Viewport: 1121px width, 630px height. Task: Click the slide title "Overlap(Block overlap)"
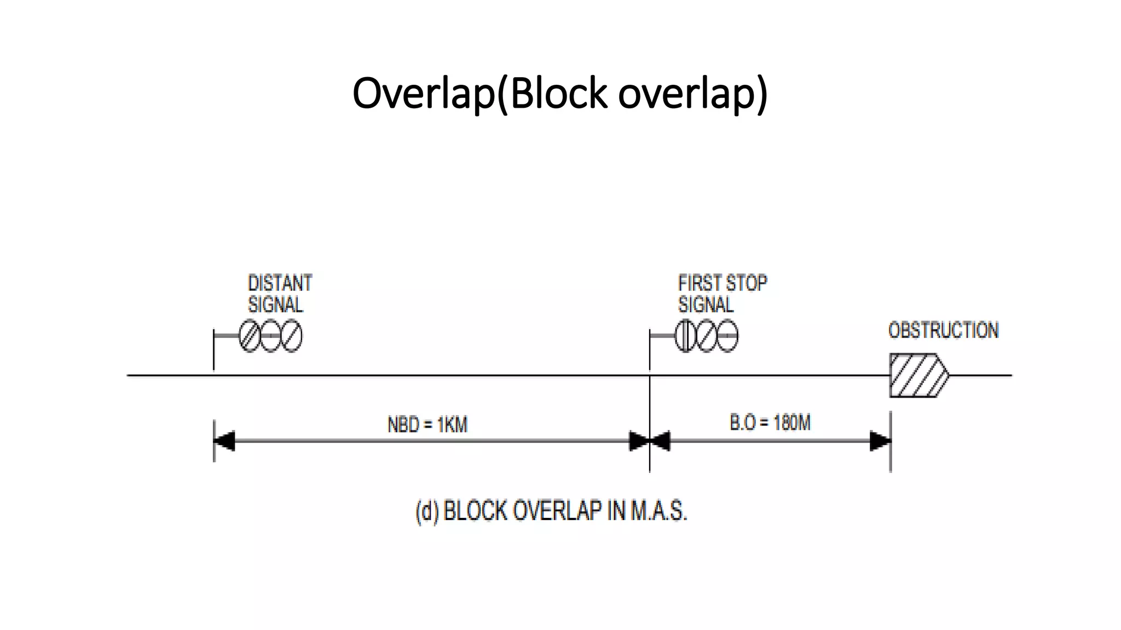pos(560,93)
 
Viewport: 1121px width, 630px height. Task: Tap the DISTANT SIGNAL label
pos(279,294)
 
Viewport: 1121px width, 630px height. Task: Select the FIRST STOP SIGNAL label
pos(721,294)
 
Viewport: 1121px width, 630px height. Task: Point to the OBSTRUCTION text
pos(943,330)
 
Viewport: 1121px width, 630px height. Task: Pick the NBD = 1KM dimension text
pos(427,424)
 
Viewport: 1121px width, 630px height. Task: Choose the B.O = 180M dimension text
pos(770,423)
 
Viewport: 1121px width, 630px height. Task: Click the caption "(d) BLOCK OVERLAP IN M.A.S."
pos(551,511)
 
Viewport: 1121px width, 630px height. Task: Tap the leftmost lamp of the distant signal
pos(250,336)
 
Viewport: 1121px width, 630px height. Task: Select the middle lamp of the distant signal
pos(270,336)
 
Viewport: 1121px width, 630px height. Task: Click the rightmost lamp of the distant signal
pos(291,336)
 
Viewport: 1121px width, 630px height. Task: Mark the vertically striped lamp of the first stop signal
pos(685,336)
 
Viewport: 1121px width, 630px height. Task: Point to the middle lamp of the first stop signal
pos(706,336)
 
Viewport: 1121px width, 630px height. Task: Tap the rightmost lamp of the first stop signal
pos(727,336)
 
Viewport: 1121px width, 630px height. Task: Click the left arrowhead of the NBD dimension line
pos(224,441)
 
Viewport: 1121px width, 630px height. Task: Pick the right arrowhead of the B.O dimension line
pos(880,441)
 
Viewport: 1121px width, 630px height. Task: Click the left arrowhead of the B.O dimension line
pos(660,441)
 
